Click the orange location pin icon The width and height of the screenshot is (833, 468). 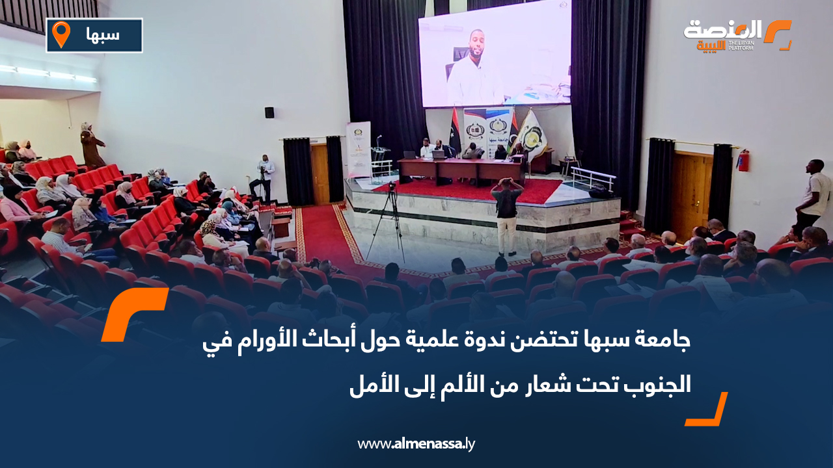coord(61,34)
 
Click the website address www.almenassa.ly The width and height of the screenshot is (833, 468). coord(416,445)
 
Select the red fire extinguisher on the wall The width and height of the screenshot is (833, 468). coord(743,160)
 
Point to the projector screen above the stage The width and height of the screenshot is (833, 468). coord(495,53)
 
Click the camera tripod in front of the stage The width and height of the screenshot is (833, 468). coord(389,221)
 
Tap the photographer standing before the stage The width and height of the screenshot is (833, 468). coord(506,215)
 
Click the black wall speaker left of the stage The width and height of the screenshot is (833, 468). coord(269,112)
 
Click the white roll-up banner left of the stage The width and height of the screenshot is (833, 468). coord(359,149)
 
